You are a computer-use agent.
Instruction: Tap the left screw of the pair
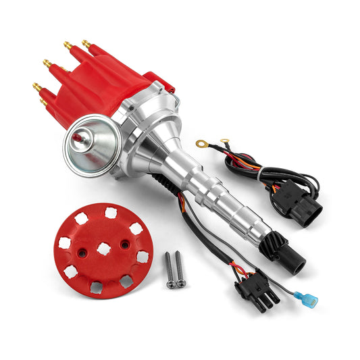[x=168, y=269]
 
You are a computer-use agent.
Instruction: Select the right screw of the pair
[x=180, y=269]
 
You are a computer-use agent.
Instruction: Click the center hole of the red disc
[x=104, y=248]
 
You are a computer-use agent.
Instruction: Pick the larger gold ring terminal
[x=202, y=143]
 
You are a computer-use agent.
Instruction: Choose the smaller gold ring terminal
[x=224, y=140]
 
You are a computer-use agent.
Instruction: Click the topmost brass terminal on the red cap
[x=87, y=44]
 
